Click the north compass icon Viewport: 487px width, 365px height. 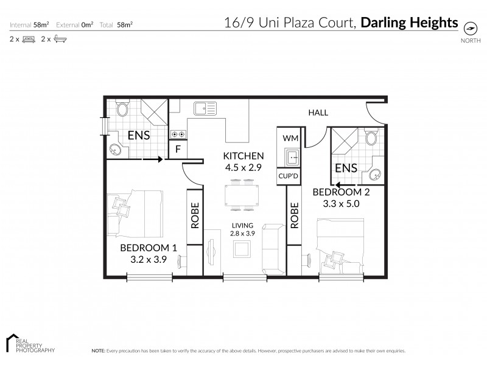click(x=470, y=28)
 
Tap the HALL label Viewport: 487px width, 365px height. click(x=318, y=113)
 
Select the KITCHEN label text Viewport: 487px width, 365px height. click(x=243, y=155)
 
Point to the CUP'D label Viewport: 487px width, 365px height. click(x=288, y=177)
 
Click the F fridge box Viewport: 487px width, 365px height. click(x=178, y=149)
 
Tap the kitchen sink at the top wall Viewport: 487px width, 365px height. click(x=205, y=109)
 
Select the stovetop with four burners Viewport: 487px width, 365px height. click(x=178, y=133)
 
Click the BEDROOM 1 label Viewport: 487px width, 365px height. click(x=149, y=248)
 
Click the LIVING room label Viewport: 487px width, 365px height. click(x=242, y=225)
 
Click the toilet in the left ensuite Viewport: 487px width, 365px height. click(x=122, y=109)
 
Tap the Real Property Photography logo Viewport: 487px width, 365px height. click(x=30, y=344)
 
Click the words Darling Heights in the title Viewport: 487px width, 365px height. click(x=409, y=23)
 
